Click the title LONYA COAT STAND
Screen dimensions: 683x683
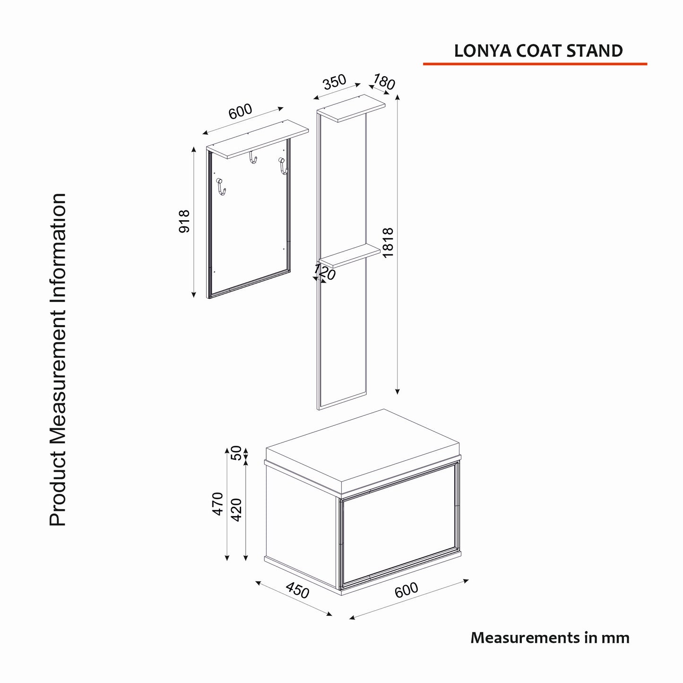click(538, 51)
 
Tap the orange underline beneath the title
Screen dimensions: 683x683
click(535, 64)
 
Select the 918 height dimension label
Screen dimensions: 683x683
click(184, 222)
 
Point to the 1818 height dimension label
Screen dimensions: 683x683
click(389, 243)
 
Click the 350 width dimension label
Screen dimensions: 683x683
click(334, 82)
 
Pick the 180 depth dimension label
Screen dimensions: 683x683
click(383, 82)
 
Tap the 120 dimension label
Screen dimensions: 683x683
click(324, 272)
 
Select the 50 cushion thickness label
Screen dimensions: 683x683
click(236, 453)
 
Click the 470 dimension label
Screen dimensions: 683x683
click(218, 504)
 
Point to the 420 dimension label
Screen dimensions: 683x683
click(236, 510)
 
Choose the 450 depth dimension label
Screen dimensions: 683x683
click(297, 590)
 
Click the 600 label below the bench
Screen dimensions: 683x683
click(406, 590)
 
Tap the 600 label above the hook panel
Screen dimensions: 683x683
click(240, 112)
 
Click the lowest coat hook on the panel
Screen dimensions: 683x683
click(221, 186)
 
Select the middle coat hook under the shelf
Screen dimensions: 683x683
click(252, 157)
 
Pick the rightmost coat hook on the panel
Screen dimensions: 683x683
click(283, 166)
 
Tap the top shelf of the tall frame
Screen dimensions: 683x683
click(351, 108)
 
